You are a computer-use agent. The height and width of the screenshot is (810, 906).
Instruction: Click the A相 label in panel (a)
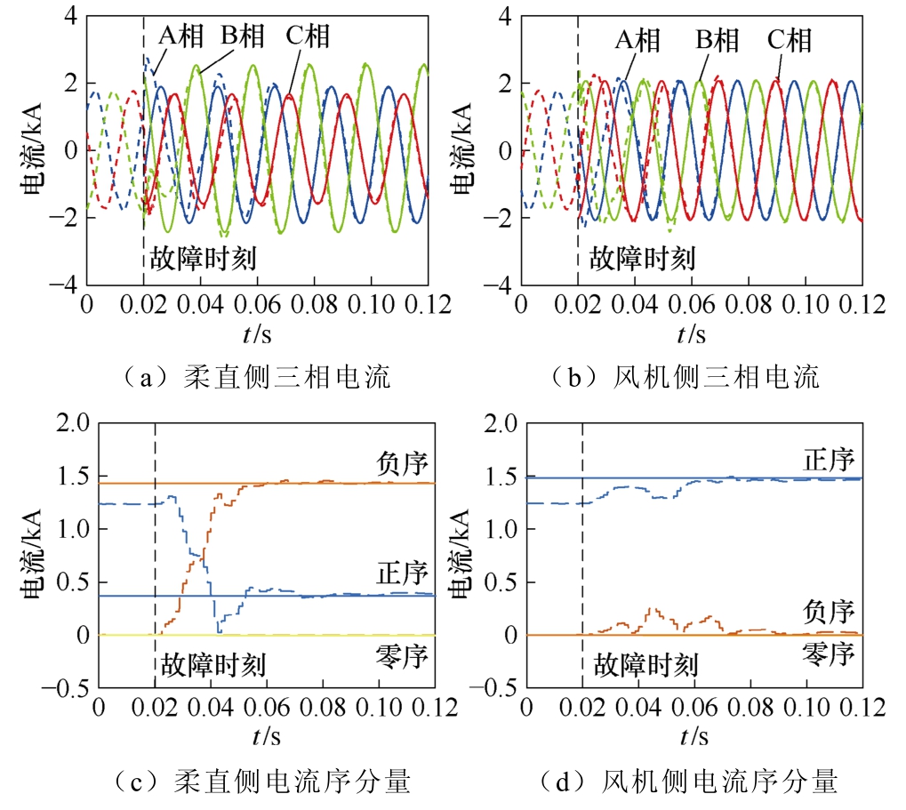[x=180, y=36]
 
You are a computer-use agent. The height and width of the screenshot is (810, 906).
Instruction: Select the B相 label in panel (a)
[x=243, y=36]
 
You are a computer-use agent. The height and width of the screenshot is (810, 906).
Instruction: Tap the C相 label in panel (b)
[x=790, y=40]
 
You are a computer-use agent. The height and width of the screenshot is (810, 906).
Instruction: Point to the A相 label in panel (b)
[x=637, y=40]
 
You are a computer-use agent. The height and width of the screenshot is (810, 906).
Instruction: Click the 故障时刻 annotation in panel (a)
[x=203, y=258]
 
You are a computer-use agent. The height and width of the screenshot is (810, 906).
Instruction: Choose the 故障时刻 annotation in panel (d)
[x=646, y=665]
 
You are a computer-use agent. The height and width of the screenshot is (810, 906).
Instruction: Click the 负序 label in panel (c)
[x=402, y=463]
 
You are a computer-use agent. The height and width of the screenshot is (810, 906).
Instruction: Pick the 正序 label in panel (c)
[x=402, y=573]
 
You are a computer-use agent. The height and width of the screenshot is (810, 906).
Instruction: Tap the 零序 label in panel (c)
[x=402, y=657]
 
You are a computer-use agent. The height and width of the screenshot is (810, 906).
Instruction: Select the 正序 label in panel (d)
[x=829, y=460]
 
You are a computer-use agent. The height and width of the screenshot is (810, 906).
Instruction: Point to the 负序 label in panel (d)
[x=829, y=611]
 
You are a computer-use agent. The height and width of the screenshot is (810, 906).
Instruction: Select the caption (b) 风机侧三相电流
[x=685, y=377]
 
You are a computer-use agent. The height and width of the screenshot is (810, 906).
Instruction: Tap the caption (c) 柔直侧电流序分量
[x=261, y=782]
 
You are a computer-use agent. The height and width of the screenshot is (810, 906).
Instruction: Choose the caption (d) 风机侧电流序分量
[x=688, y=782]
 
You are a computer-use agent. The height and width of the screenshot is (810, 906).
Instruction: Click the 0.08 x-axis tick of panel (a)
[x=314, y=304]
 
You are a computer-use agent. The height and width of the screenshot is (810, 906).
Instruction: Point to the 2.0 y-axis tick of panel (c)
[x=74, y=423]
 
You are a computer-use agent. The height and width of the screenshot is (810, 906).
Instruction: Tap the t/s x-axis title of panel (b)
[x=692, y=334]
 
